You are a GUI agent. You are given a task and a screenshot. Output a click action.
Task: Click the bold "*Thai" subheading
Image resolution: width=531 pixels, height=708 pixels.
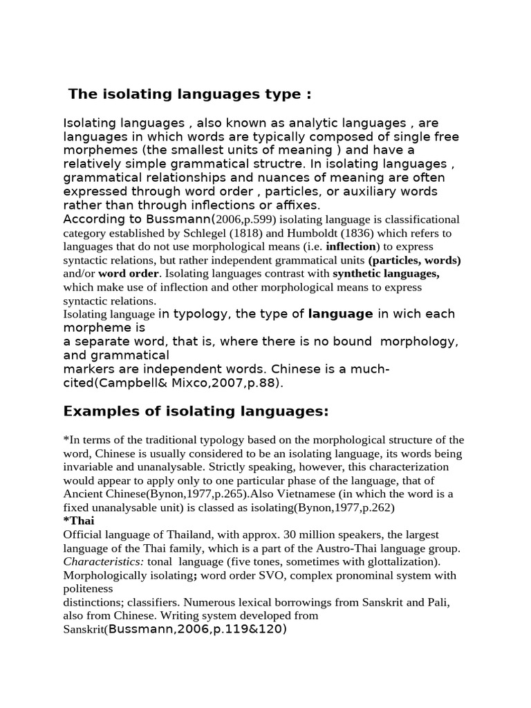click(79, 521)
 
